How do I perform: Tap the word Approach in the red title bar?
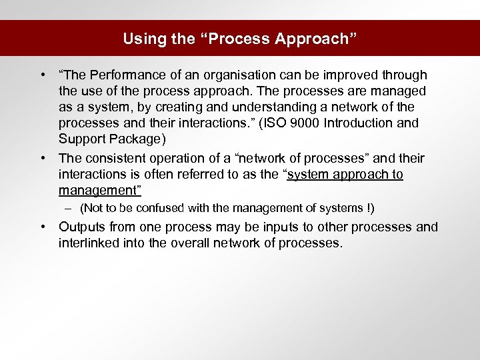[316, 39]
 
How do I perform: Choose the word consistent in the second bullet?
[115, 159]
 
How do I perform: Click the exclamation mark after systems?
[371, 209]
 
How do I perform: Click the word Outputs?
[83, 227]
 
